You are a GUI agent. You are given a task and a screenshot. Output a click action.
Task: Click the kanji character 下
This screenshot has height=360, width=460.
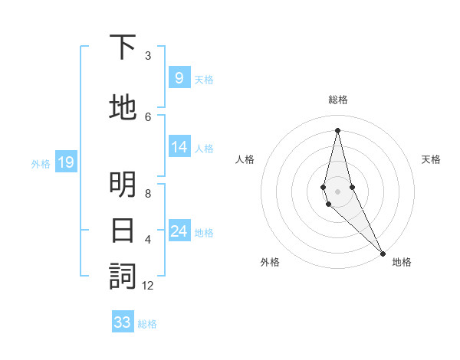point(123,48)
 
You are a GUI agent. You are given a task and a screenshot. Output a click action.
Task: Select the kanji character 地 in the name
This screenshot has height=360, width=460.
point(123,109)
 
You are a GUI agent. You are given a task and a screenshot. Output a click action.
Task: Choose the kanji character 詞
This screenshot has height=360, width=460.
point(123,277)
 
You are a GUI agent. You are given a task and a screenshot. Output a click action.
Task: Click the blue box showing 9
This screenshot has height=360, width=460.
point(179,78)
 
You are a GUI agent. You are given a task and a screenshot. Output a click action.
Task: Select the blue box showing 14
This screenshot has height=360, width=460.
point(179,148)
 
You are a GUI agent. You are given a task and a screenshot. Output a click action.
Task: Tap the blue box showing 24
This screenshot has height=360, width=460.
point(179,232)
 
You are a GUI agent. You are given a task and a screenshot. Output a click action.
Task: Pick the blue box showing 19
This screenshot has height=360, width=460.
point(65,162)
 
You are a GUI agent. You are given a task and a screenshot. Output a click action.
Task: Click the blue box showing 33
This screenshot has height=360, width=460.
point(123,322)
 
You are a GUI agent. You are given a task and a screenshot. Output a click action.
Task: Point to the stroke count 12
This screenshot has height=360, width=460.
point(148,286)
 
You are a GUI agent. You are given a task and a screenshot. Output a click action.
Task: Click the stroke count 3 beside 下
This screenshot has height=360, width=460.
point(148,56)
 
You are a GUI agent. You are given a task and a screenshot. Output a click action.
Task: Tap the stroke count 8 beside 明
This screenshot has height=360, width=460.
point(148,194)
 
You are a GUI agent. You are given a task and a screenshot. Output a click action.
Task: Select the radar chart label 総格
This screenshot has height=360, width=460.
point(337,100)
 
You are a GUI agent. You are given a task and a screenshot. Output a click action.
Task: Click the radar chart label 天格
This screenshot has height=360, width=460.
point(431,159)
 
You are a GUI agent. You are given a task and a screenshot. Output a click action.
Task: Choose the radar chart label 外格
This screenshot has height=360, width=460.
point(270,262)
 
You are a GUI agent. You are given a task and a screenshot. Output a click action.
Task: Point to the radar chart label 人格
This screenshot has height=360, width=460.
point(245,159)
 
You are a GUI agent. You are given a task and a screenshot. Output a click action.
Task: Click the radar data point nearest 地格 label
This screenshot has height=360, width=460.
point(383,252)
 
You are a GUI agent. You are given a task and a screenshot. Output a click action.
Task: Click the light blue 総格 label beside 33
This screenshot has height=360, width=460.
point(147,324)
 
